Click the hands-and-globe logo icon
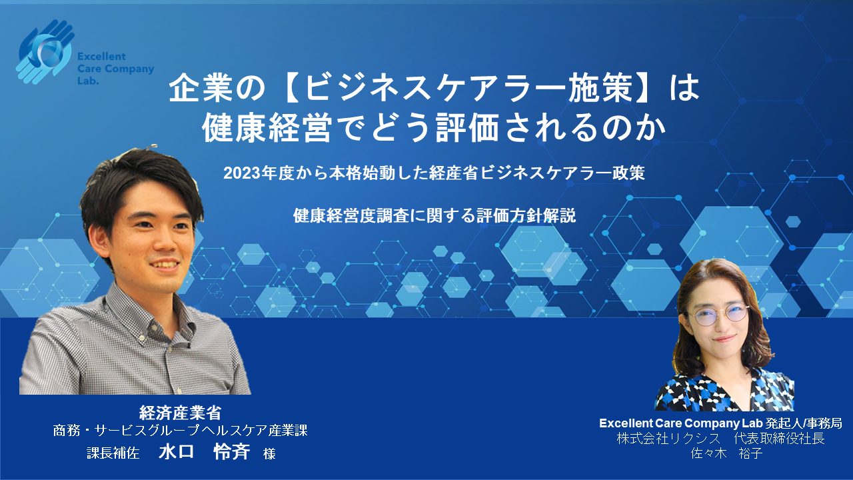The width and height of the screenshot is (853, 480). (x=47, y=52)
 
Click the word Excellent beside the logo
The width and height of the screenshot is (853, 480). (x=101, y=57)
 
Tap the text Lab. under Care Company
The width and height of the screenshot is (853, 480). (x=88, y=81)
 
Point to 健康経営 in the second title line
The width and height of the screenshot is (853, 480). (x=266, y=128)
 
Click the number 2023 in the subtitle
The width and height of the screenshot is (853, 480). (x=240, y=174)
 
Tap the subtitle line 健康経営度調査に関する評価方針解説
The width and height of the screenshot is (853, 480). (x=434, y=216)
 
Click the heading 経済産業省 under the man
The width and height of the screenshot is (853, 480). (x=180, y=413)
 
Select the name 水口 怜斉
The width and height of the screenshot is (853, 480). (x=205, y=452)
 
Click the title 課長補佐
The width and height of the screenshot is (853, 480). (x=113, y=453)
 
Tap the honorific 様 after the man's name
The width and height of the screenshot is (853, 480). (x=269, y=454)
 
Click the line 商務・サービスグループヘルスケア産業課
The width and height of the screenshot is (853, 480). (x=180, y=431)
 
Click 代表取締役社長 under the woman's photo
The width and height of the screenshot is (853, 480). (x=780, y=439)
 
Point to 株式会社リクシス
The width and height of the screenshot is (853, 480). (x=668, y=439)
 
